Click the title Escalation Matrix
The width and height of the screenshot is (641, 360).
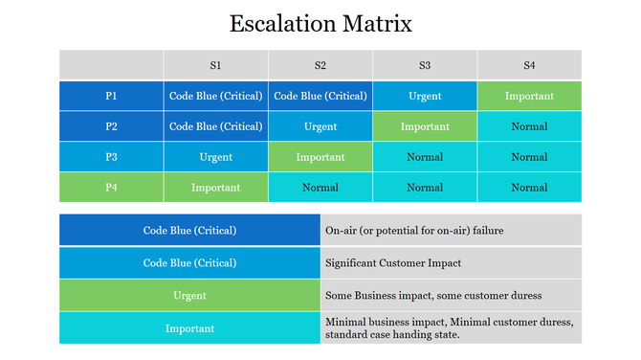coord(320,23)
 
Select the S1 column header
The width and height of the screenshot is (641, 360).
coord(215,65)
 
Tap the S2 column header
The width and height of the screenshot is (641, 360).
coord(320,65)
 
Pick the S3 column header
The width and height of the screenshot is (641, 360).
coord(425,65)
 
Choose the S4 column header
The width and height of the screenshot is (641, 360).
coord(529,65)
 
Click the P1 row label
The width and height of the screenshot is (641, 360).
coord(111,96)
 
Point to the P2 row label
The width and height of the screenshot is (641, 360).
coord(111,126)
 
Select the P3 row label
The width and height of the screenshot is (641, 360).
coord(111,157)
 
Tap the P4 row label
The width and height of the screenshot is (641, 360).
coord(111,188)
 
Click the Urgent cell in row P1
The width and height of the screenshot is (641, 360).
coord(425,96)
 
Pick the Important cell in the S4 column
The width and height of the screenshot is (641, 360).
coord(529,96)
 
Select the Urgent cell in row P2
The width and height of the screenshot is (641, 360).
coord(320,126)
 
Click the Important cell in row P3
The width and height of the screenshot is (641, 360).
coord(320,157)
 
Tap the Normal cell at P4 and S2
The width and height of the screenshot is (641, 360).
coord(320,188)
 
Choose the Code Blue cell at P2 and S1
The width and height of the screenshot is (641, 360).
coord(215,126)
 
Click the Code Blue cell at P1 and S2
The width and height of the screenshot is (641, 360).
coord(320,96)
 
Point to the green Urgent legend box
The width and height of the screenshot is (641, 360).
coord(189,296)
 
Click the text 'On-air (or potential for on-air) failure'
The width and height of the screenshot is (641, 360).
coord(413,231)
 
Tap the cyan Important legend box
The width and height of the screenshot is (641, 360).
coord(189,328)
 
